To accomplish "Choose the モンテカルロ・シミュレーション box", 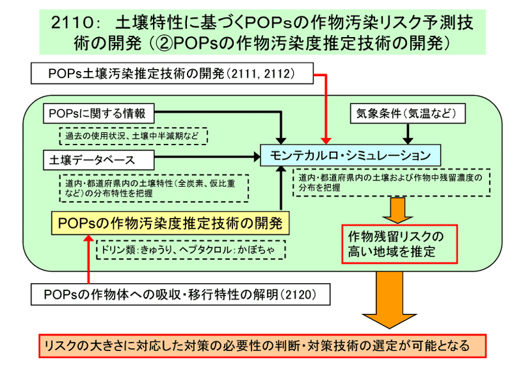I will [x=350, y=155].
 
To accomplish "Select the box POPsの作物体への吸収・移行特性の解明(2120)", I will [x=181, y=294].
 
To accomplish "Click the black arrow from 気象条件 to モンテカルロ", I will [x=408, y=132].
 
